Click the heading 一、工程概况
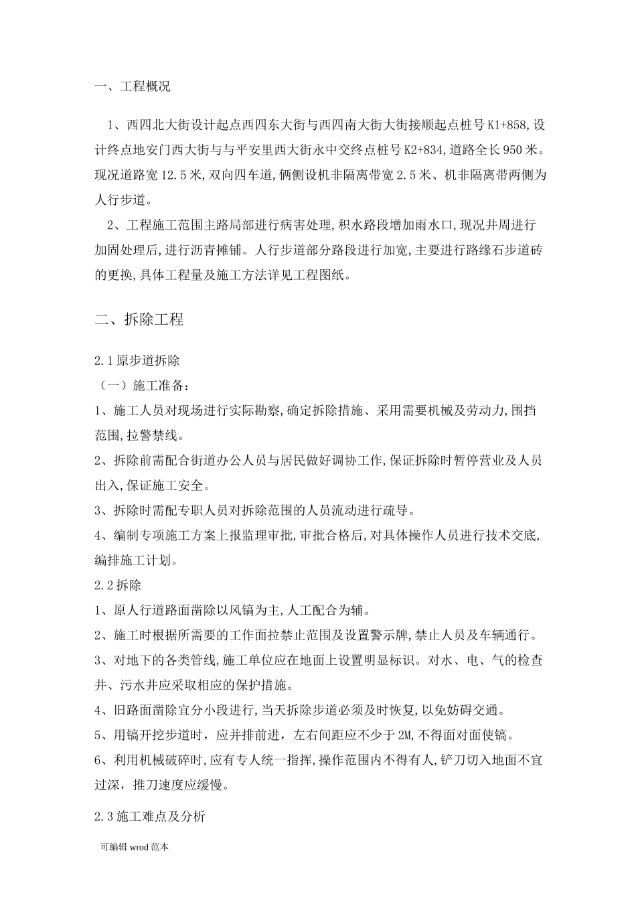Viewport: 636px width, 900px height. click(133, 86)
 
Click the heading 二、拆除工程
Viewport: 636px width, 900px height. click(139, 319)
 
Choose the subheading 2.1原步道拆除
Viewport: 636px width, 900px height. click(137, 361)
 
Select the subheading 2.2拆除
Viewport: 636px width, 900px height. click(118, 585)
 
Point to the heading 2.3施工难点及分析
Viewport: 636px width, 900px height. click(150, 816)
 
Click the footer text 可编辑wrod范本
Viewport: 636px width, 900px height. click(133, 846)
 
